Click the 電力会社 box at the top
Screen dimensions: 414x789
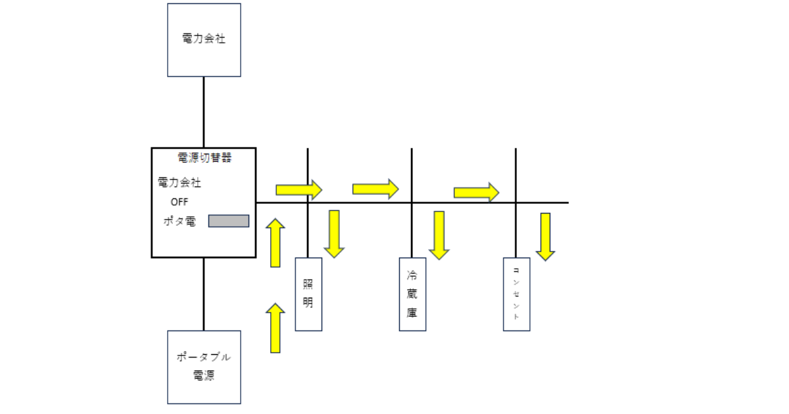tap(204, 39)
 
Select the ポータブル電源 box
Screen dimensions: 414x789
tap(204, 367)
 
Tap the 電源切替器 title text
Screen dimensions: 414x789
tap(204, 158)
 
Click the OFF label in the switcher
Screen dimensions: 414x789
tap(179, 202)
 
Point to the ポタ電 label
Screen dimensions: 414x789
tap(179, 221)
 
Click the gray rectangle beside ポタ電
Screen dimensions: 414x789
tap(229, 221)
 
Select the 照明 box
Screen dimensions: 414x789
tap(308, 294)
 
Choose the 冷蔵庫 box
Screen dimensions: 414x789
tap(412, 294)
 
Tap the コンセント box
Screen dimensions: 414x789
tap(516, 294)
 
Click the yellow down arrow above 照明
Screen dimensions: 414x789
tap(334, 233)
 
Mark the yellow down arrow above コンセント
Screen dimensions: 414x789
tap(545, 236)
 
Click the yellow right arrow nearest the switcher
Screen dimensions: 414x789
tap(299, 190)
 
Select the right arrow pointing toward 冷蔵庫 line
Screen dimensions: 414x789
tap(375, 189)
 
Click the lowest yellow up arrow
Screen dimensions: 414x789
tap(275, 328)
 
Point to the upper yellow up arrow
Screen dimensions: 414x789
tap(275, 243)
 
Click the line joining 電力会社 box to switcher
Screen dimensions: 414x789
tap(204, 112)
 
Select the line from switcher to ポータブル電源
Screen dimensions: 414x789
tap(204, 294)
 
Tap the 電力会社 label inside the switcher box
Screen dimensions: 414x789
tap(179, 182)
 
